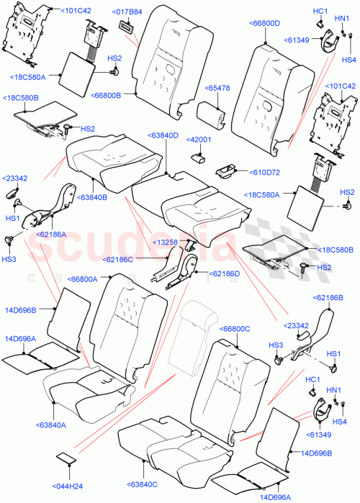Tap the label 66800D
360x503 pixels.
[267, 24]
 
